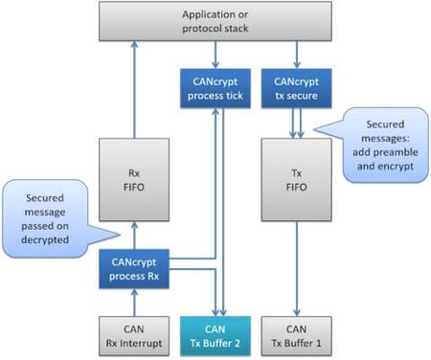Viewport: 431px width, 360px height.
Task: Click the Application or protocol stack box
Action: click(x=215, y=21)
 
